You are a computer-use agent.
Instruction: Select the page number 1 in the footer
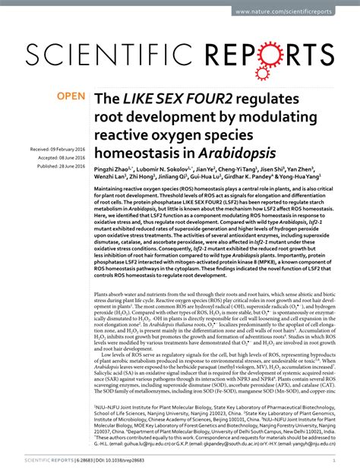[x=335, y=460]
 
